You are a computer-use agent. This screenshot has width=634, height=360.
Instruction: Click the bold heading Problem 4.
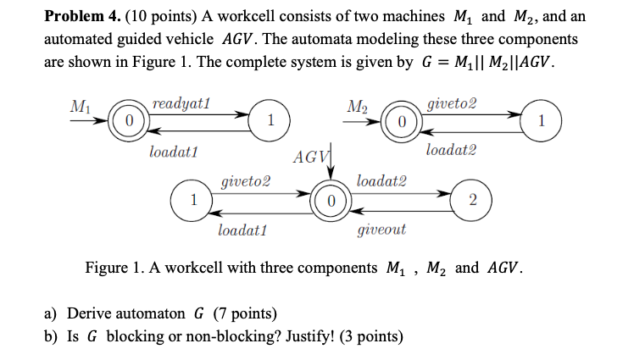[84, 17]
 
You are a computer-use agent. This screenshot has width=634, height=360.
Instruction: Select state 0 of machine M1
[129, 120]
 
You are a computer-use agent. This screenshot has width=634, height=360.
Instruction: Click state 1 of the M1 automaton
[270, 120]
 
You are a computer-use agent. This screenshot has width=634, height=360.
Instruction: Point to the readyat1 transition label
[181, 104]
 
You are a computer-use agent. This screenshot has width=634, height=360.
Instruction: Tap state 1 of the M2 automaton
[542, 120]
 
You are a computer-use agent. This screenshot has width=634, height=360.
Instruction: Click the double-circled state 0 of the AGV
[331, 201]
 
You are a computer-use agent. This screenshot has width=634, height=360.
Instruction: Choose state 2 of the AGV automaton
[472, 200]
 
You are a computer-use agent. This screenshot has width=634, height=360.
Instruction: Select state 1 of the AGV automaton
[192, 200]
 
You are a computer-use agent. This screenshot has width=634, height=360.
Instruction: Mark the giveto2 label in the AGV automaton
[246, 181]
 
